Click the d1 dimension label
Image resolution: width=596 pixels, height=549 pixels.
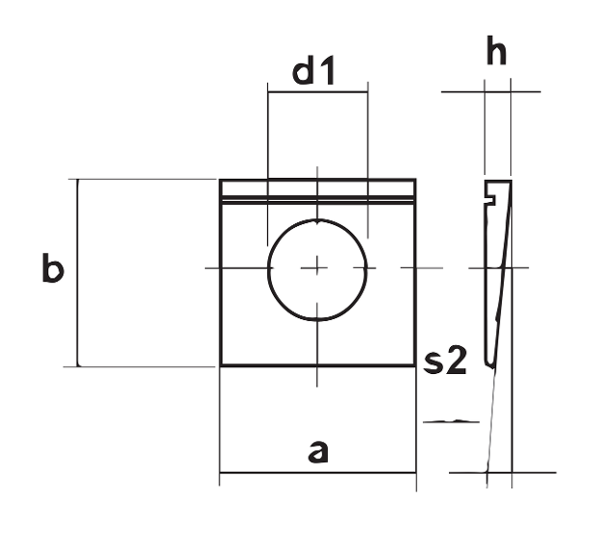coord(314,71)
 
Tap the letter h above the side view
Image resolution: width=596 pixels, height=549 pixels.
coord(496,53)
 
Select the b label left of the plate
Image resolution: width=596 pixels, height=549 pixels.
coord(52,270)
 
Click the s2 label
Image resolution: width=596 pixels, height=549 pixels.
coord(445,362)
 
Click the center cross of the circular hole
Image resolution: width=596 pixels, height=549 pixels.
coord(317,268)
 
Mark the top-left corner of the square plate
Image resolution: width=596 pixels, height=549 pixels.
coord(221,180)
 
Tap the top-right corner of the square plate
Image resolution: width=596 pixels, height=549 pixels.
coord(415,180)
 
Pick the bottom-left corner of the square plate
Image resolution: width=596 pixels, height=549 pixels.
coord(221,366)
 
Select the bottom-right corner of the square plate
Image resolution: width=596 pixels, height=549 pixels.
coord(415,366)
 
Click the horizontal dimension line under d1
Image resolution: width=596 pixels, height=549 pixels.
coord(317,92)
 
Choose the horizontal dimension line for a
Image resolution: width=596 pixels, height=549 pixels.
coord(317,473)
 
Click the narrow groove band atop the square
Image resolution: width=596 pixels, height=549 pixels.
coord(317,199)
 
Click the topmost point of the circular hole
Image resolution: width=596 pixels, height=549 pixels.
coord(317,219)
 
